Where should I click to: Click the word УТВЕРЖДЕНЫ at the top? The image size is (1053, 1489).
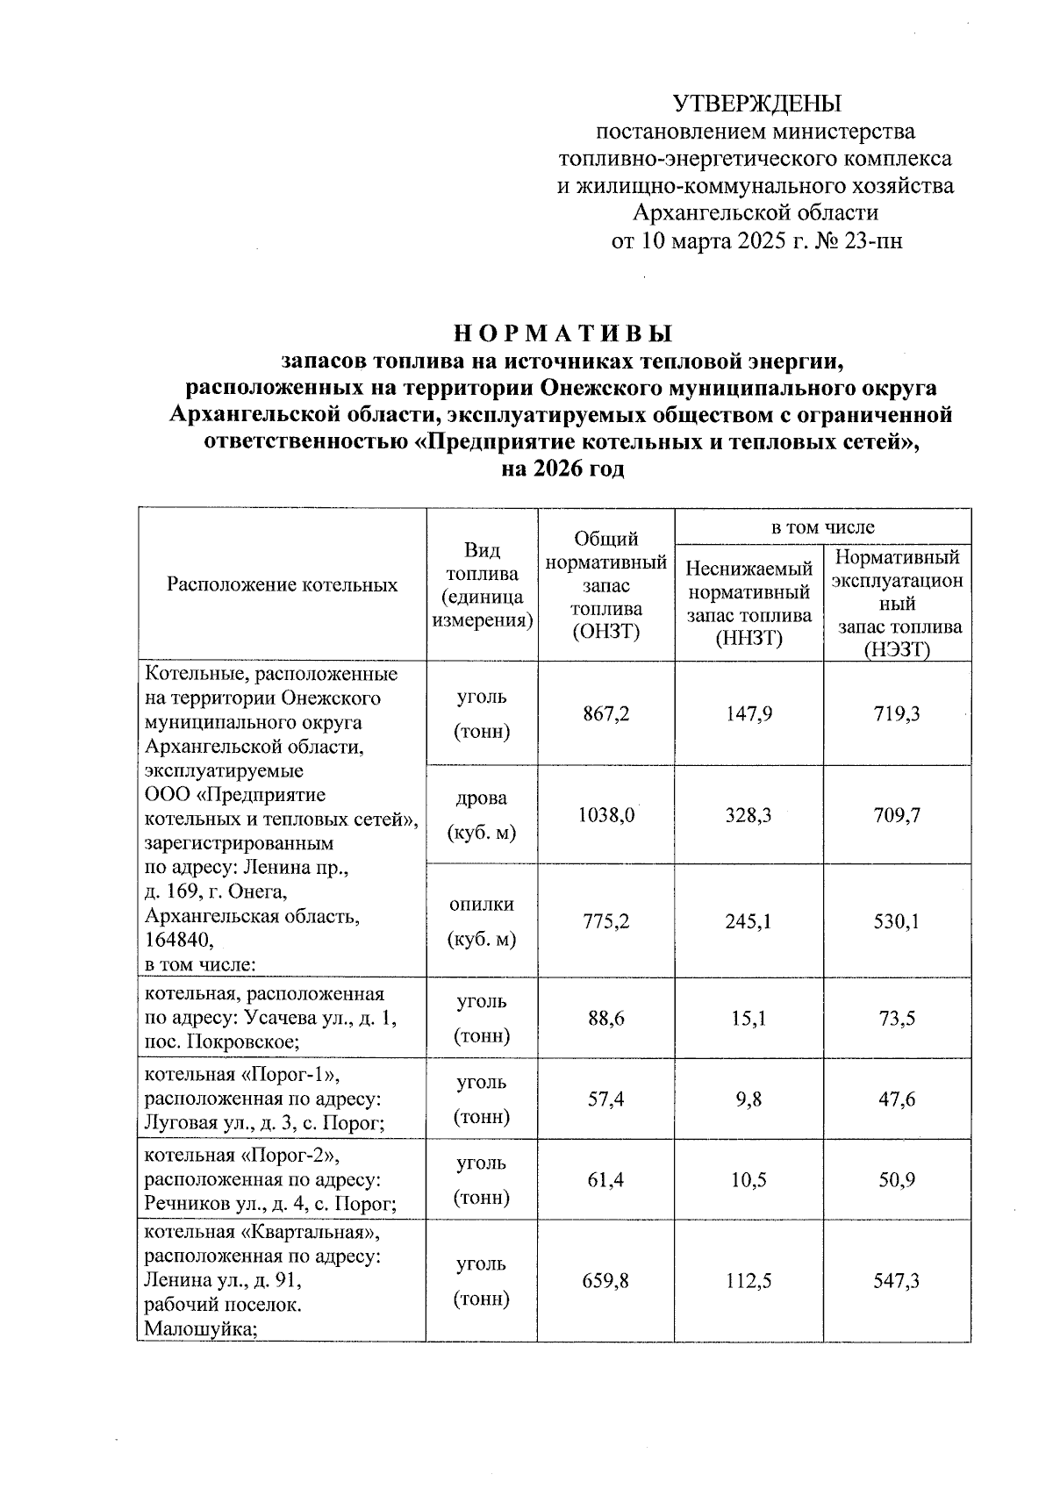point(756,104)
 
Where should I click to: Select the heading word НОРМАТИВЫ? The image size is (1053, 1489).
point(563,333)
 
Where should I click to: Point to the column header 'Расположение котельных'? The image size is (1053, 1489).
point(283,585)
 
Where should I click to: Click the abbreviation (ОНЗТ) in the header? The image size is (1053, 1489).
point(605,632)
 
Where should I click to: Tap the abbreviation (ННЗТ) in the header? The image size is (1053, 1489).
point(749,639)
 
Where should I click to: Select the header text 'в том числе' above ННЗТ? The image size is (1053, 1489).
point(822,526)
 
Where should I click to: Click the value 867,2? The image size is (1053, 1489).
point(605,714)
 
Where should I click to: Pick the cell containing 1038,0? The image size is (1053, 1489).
point(605,815)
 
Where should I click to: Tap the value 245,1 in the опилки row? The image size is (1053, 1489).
point(749,922)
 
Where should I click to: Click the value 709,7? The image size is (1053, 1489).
point(897,815)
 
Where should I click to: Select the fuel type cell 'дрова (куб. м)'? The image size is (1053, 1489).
point(482,815)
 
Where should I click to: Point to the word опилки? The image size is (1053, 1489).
point(482,905)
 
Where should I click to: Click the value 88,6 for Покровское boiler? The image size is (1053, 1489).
point(605,1019)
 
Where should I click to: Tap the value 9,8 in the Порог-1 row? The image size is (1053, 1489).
point(749,1099)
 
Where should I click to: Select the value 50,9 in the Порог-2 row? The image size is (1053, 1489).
point(897,1180)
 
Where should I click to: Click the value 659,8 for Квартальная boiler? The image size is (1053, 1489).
point(605,1281)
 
